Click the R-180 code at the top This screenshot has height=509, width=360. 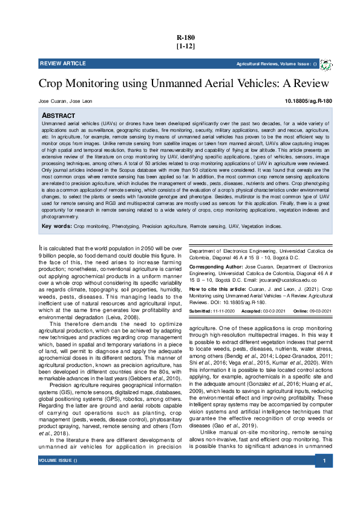[x=185, y=37]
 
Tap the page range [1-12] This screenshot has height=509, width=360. [x=185, y=46]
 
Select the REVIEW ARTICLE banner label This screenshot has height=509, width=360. [x=63, y=63]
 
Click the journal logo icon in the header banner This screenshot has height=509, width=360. [x=326, y=64]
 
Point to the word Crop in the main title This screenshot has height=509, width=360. [x=52, y=83]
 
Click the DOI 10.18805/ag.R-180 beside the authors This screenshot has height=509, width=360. [x=308, y=101]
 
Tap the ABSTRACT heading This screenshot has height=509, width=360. [x=58, y=115]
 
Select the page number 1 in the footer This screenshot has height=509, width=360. [x=324, y=495]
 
